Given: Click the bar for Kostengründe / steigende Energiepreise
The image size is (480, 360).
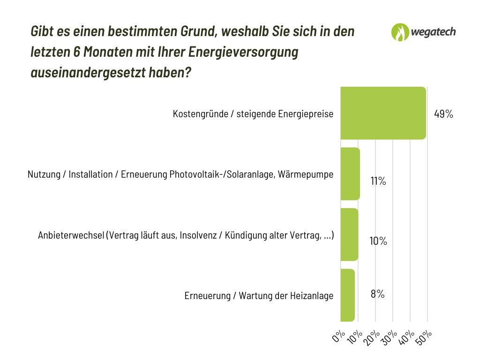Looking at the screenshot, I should pos(383,113).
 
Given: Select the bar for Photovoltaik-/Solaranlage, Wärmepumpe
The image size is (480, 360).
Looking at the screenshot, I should pos(350,174).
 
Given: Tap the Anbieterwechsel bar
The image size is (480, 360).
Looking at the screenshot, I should pos(349,234).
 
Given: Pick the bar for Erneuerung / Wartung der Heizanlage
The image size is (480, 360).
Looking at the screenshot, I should pos(347,295).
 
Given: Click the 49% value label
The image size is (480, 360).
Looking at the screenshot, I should pos(443,114).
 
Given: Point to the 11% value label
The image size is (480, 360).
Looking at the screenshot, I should pos(378,181).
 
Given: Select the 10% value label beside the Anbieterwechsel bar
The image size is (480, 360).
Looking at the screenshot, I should pos(378,241).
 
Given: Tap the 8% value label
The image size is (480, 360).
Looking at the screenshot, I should pos(377,294).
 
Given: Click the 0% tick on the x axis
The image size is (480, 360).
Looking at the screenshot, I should pos(338,337).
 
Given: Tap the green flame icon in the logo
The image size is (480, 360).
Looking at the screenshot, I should pos(400,32).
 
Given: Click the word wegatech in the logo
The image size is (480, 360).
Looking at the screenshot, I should pos(434,32).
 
